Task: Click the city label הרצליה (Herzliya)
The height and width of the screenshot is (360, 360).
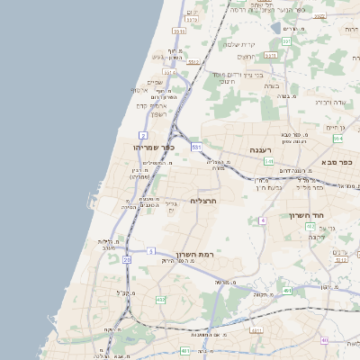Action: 206,201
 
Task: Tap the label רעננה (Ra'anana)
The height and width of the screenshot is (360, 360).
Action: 261,150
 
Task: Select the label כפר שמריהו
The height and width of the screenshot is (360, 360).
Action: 153,147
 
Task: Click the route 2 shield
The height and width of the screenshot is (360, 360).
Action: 143,134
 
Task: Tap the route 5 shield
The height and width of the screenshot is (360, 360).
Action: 151,251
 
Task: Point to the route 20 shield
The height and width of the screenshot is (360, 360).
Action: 127,260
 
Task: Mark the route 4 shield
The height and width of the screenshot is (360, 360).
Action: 263,220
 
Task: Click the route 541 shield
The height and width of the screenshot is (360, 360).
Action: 269,161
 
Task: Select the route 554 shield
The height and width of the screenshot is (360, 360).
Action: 337,139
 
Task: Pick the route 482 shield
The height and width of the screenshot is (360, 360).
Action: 160,299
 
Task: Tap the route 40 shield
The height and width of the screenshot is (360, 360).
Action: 324,340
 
